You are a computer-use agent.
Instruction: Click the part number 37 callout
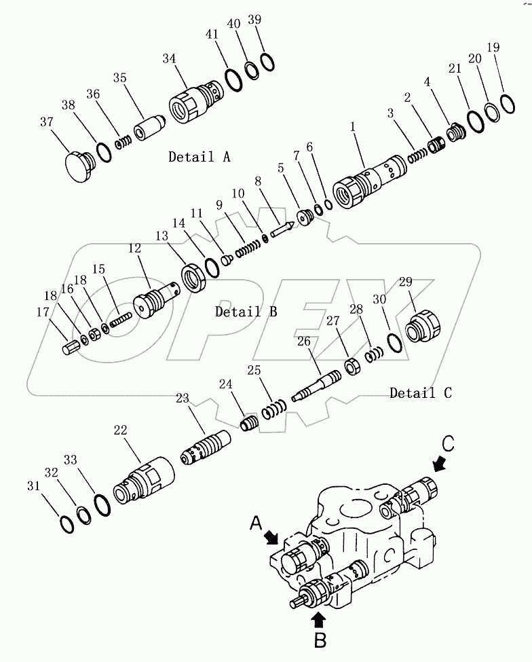tap(47, 122)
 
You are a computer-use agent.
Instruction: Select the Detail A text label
tap(199, 158)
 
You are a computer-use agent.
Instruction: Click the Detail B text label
tap(246, 312)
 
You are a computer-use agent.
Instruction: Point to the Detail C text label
tap(420, 393)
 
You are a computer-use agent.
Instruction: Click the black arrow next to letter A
tap(273, 537)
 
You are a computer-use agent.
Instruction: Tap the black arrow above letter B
tap(320, 619)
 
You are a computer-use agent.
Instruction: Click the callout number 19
tap(493, 48)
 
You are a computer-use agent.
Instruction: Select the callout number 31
tap(33, 486)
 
